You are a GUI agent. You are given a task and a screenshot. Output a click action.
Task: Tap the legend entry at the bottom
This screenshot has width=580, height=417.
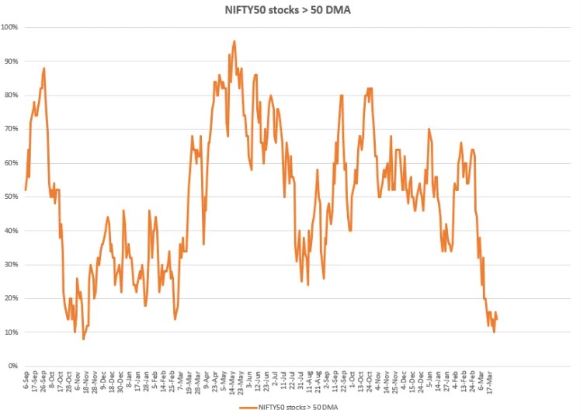click(x=290, y=406)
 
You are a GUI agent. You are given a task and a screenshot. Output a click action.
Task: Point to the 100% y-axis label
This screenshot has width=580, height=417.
click(x=11, y=27)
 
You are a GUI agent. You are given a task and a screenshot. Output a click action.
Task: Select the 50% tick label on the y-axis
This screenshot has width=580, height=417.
click(x=12, y=196)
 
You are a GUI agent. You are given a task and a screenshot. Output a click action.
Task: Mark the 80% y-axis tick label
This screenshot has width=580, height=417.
click(x=12, y=95)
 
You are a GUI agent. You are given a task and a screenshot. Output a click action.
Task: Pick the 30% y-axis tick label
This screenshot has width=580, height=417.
click(x=12, y=264)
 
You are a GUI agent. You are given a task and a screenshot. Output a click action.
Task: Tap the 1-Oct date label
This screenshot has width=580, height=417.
click(x=353, y=379)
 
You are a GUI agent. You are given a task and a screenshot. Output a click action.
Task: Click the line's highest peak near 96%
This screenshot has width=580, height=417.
click(x=234, y=41)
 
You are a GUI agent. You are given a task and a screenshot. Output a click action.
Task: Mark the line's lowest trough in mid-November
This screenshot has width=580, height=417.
click(x=83, y=339)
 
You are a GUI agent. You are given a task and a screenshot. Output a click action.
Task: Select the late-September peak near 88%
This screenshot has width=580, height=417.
click(x=44, y=68)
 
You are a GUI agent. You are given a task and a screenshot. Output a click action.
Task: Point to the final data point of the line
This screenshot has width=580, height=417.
click(x=497, y=318)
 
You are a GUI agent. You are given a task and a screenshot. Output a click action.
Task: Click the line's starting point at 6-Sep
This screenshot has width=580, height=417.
click(x=26, y=189)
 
